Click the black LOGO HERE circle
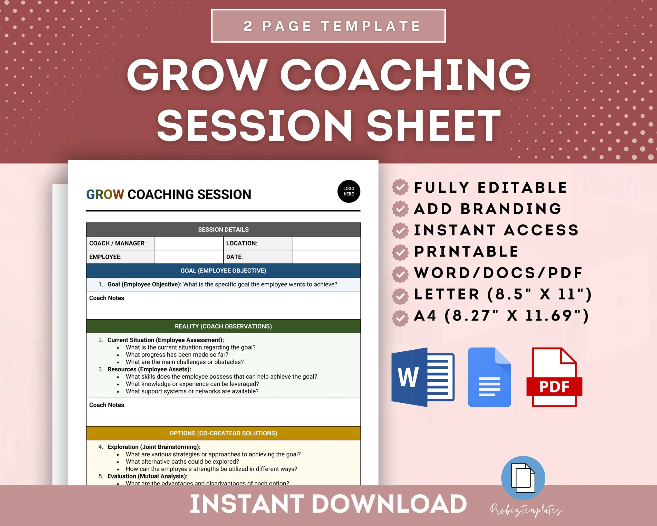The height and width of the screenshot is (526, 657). pos(349,191)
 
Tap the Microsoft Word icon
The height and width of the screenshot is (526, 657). pos(423,377)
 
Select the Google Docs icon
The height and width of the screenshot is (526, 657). pos(489,377)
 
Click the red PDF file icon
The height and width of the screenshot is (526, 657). pos(554,377)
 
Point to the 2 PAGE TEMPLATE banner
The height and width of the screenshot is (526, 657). pos(328,26)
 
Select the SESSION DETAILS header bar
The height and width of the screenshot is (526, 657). pos(223,229)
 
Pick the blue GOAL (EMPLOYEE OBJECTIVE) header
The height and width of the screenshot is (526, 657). pos(223,270)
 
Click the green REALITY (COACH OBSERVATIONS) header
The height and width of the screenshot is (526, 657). pos(223,326)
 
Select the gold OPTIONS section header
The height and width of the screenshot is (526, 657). pos(223,433)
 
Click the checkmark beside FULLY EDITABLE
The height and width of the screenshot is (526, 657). pos(400,187)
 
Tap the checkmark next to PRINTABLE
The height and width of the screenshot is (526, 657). pos(400,252)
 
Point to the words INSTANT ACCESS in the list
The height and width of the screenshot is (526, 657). pos(496,230)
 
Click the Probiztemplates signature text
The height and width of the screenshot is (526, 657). pos(526,510)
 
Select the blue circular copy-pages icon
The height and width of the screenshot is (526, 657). pos(523,477)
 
